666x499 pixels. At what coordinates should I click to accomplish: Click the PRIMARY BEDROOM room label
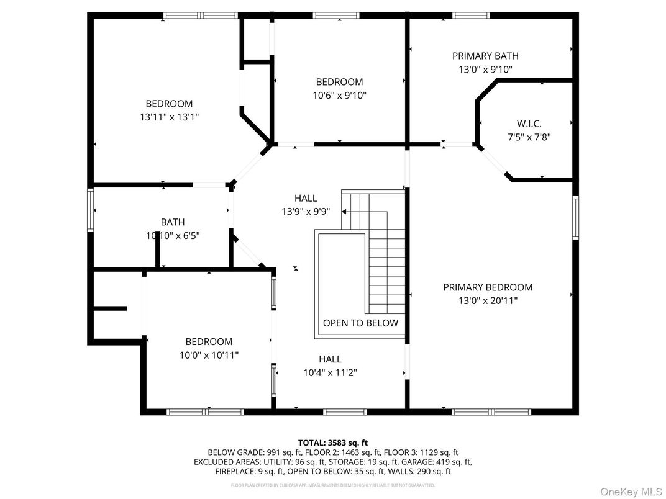click(488, 287)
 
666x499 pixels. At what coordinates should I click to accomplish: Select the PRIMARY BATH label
click(485, 56)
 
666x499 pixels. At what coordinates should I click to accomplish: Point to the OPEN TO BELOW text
click(360, 323)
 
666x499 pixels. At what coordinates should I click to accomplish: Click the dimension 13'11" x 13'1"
click(169, 117)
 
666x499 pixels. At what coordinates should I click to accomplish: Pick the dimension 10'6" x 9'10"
click(339, 96)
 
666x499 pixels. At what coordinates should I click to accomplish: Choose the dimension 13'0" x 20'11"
click(488, 301)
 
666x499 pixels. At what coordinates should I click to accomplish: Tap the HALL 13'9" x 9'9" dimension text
click(306, 212)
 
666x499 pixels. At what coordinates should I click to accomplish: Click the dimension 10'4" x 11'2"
click(330, 373)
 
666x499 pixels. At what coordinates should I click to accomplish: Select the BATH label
click(173, 222)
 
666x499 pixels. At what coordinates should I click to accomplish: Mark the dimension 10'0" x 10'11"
click(209, 355)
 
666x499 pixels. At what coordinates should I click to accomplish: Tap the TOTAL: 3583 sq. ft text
click(332, 443)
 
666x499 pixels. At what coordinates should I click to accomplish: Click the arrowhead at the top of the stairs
click(344, 212)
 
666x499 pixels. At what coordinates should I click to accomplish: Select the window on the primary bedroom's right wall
click(575, 217)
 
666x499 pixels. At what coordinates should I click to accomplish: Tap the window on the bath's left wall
click(91, 210)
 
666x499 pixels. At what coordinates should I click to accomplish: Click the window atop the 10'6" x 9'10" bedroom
click(336, 16)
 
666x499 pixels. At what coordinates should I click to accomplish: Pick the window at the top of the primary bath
click(471, 16)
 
